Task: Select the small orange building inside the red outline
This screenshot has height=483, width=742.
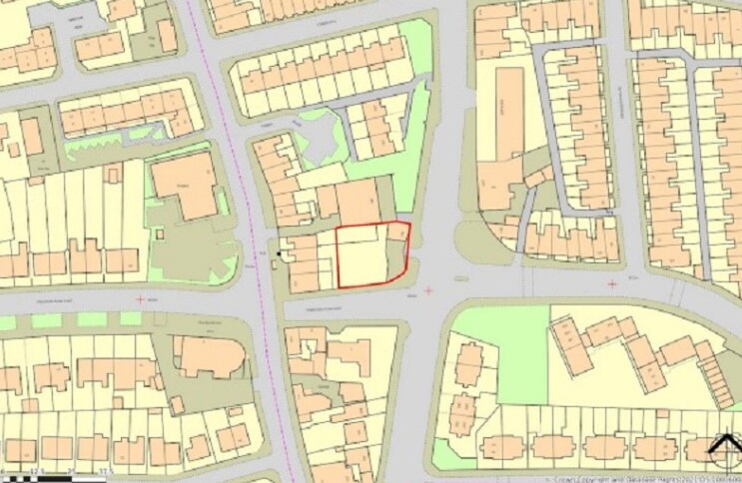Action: pyautogui.click(x=396, y=232)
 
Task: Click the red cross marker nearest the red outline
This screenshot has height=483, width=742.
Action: pyautogui.click(x=429, y=290)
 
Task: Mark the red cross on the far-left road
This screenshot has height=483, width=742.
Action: pyautogui.click(x=140, y=298)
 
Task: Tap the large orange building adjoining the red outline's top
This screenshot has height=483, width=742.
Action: pyautogui.click(x=358, y=203)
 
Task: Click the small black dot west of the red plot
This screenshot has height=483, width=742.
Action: pyautogui.click(x=281, y=253)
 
